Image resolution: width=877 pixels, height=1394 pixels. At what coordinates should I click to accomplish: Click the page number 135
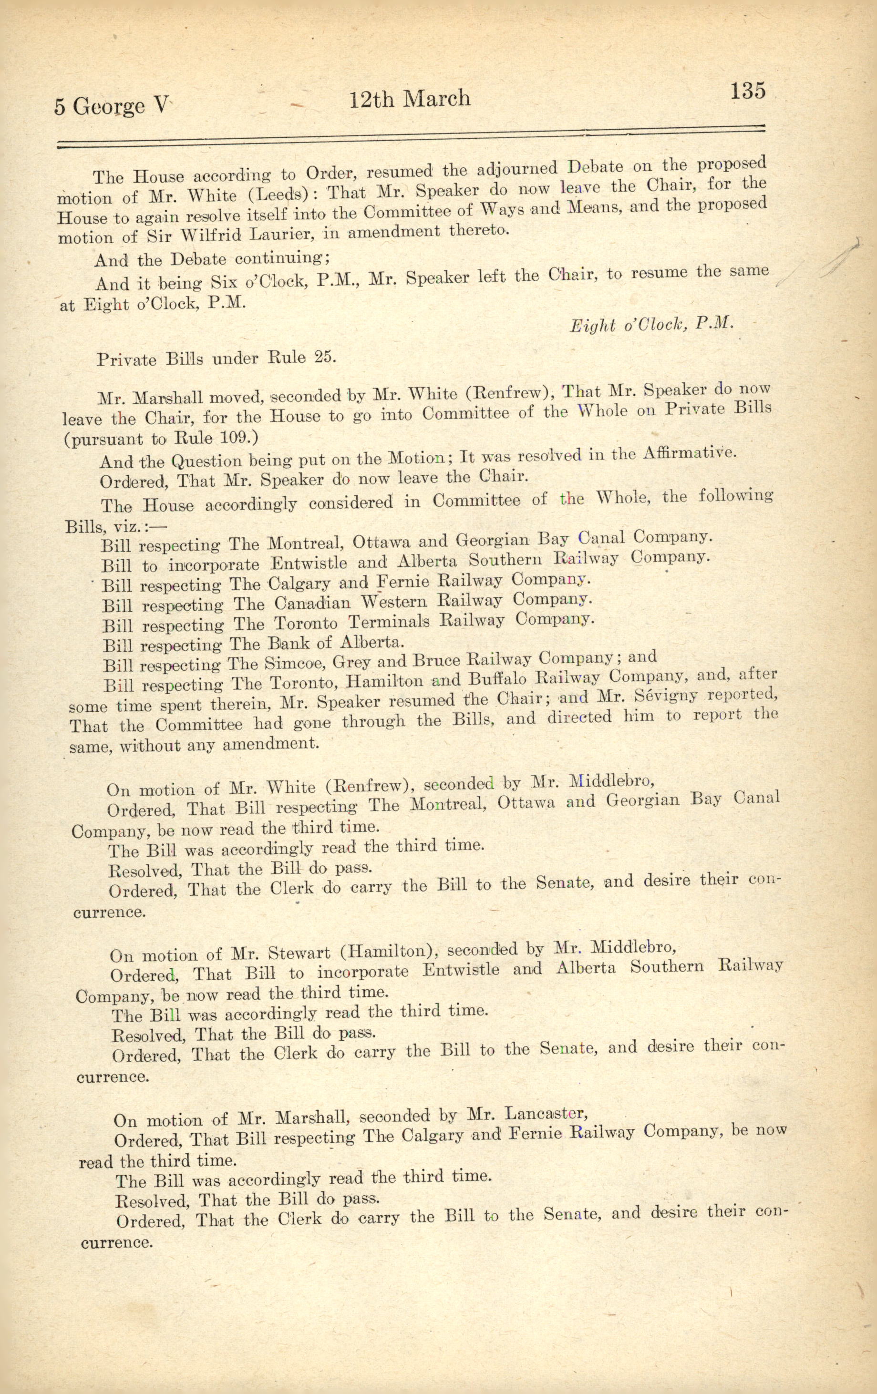click(748, 91)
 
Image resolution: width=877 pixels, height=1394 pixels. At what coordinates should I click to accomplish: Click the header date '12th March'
click(410, 99)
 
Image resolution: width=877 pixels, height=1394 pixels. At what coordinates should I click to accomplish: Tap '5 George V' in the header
click(112, 106)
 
